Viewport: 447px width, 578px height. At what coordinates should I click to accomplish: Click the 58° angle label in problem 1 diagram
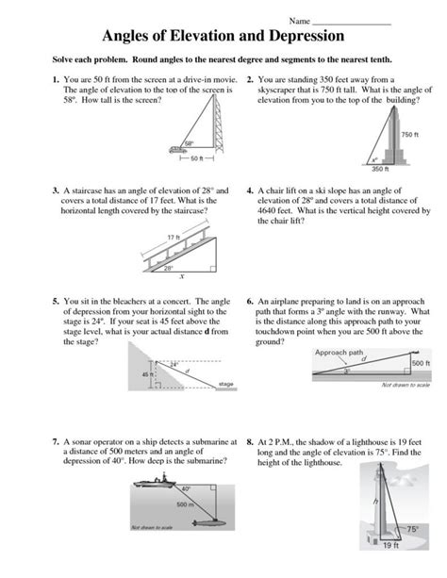click(x=189, y=143)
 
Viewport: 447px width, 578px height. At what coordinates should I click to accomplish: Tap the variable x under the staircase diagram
click(x=181, y=278)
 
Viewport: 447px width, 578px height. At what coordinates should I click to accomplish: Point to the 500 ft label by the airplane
click(x=420, y=362)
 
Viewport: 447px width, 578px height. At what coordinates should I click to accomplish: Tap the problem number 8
click(x=248, y=440)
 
